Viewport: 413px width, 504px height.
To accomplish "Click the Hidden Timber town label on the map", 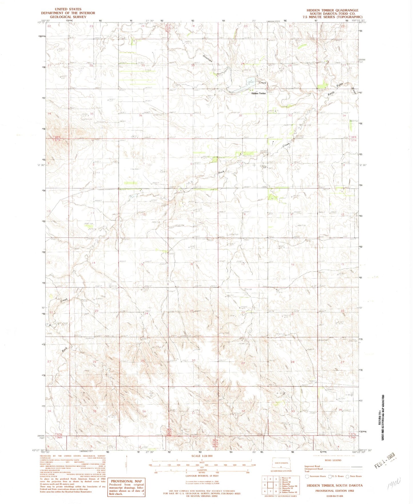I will tap(259, 93).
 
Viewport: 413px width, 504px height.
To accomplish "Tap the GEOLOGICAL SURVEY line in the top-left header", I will tap(68, 17).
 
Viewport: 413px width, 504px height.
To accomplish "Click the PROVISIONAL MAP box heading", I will tap(126, 481).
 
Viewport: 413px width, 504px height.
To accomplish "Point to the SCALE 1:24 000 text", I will tap(202, 456).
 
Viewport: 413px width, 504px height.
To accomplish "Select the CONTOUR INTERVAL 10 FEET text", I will tap(202, 476).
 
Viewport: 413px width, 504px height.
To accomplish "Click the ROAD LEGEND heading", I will tap(333, 460).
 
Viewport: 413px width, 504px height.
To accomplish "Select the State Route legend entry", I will tap(354, 476).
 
